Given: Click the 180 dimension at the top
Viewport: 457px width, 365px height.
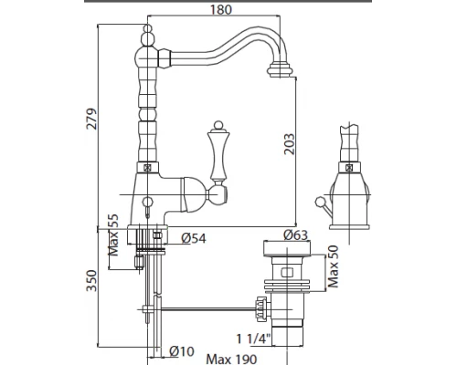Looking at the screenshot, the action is tap(221, 9).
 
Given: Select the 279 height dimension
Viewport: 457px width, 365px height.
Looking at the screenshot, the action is tap(91, 119).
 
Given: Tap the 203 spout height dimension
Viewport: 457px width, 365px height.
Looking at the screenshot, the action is tap(290, 144).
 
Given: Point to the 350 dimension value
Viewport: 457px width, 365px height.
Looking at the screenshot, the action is tap(91, 280).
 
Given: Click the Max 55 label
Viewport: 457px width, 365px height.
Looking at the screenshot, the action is tap(113, 235).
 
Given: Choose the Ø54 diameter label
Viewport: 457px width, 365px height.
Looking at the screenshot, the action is tap(194, 238).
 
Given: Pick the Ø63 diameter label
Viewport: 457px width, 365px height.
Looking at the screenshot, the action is tap(295, 235).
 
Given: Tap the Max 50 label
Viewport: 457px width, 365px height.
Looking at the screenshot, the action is tap(333, 266).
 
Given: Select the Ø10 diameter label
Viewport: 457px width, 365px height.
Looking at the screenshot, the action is tap(182, 351).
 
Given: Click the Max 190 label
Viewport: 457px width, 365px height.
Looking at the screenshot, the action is tap(231, 360).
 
